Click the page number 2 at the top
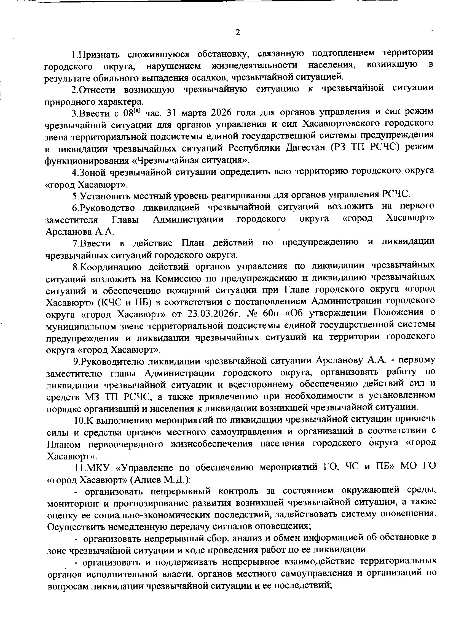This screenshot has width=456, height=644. [x=238, y=33]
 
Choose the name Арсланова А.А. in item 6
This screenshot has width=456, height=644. [x=80, y=232]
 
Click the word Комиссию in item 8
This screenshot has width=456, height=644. [x=177, y=278]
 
